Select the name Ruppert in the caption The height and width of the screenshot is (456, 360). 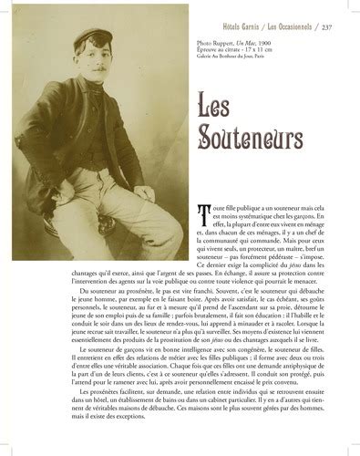click(233, 43)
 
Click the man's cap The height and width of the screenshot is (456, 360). click(83, 40)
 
